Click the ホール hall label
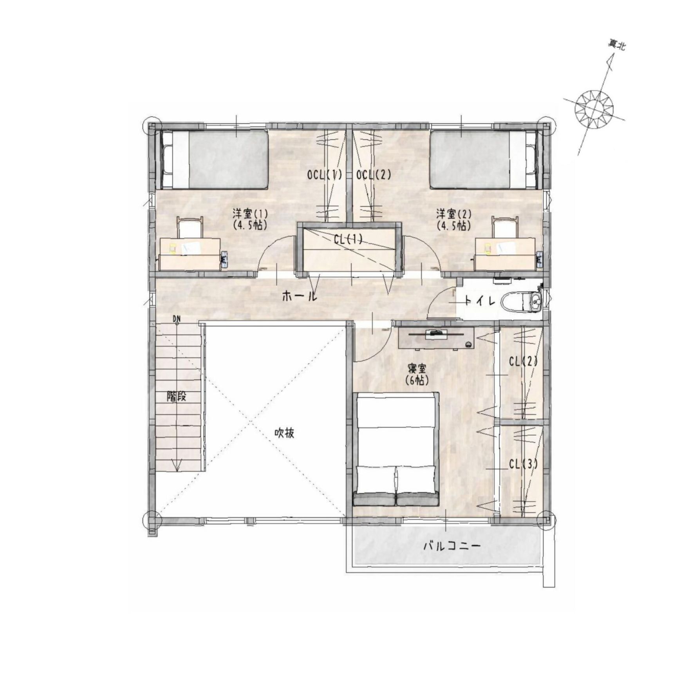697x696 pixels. pos(299,296)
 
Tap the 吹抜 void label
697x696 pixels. pos(284,433)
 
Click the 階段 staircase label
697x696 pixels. pos(177,396)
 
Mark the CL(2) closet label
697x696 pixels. pos(523,361)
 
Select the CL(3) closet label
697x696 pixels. pos(523,464)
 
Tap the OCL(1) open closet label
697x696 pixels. pos(325,175)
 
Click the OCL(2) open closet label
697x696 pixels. pos(374,175)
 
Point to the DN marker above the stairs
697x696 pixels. pos(177,319)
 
